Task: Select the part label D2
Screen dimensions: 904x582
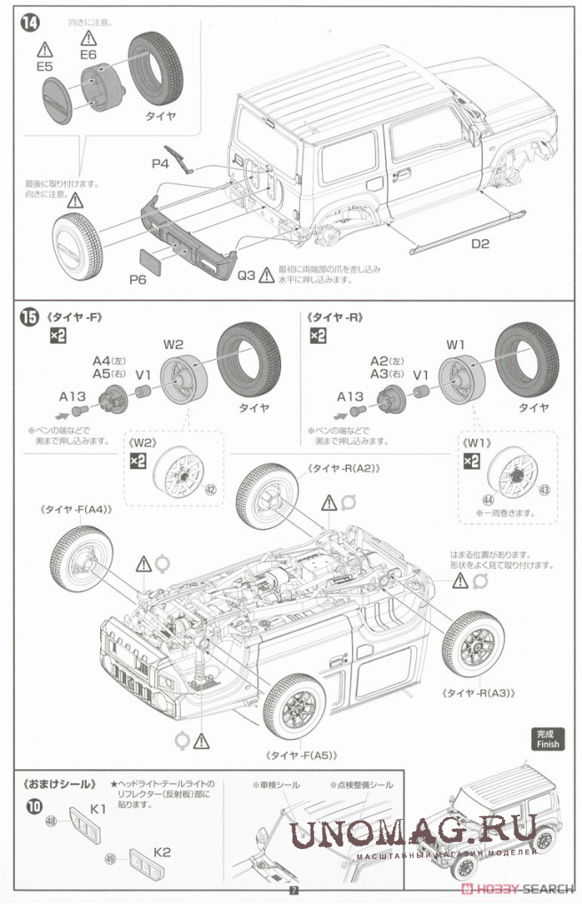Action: pyautogui.click(x=480, y=242)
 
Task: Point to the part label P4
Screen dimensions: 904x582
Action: pyautogui.click(x=160, y=164)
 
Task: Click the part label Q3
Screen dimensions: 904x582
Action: pyautogui.click(x=247, y=275)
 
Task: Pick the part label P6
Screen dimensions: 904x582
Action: pyautogui.click(x=138, y=279)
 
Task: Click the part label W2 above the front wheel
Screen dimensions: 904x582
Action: pyautogui.click(x=173, y=344)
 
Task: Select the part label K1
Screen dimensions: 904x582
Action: pyautogui.click(x=98, y=808)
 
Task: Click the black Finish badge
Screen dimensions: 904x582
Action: pyautogui.click(x=549, y=738)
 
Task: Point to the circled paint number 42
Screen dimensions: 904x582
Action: pyautogui.click(x=209, y=489)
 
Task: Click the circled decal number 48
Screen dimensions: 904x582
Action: pyautogui.click(x=51, y=822)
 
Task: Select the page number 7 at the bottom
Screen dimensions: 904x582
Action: pyautogui.click(x=291, y=889)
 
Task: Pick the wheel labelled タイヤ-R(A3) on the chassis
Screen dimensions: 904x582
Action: pyautogui.click(x=474, y=642)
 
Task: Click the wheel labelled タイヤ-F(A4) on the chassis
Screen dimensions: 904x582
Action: pyautogui.click(x=82, y=558)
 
